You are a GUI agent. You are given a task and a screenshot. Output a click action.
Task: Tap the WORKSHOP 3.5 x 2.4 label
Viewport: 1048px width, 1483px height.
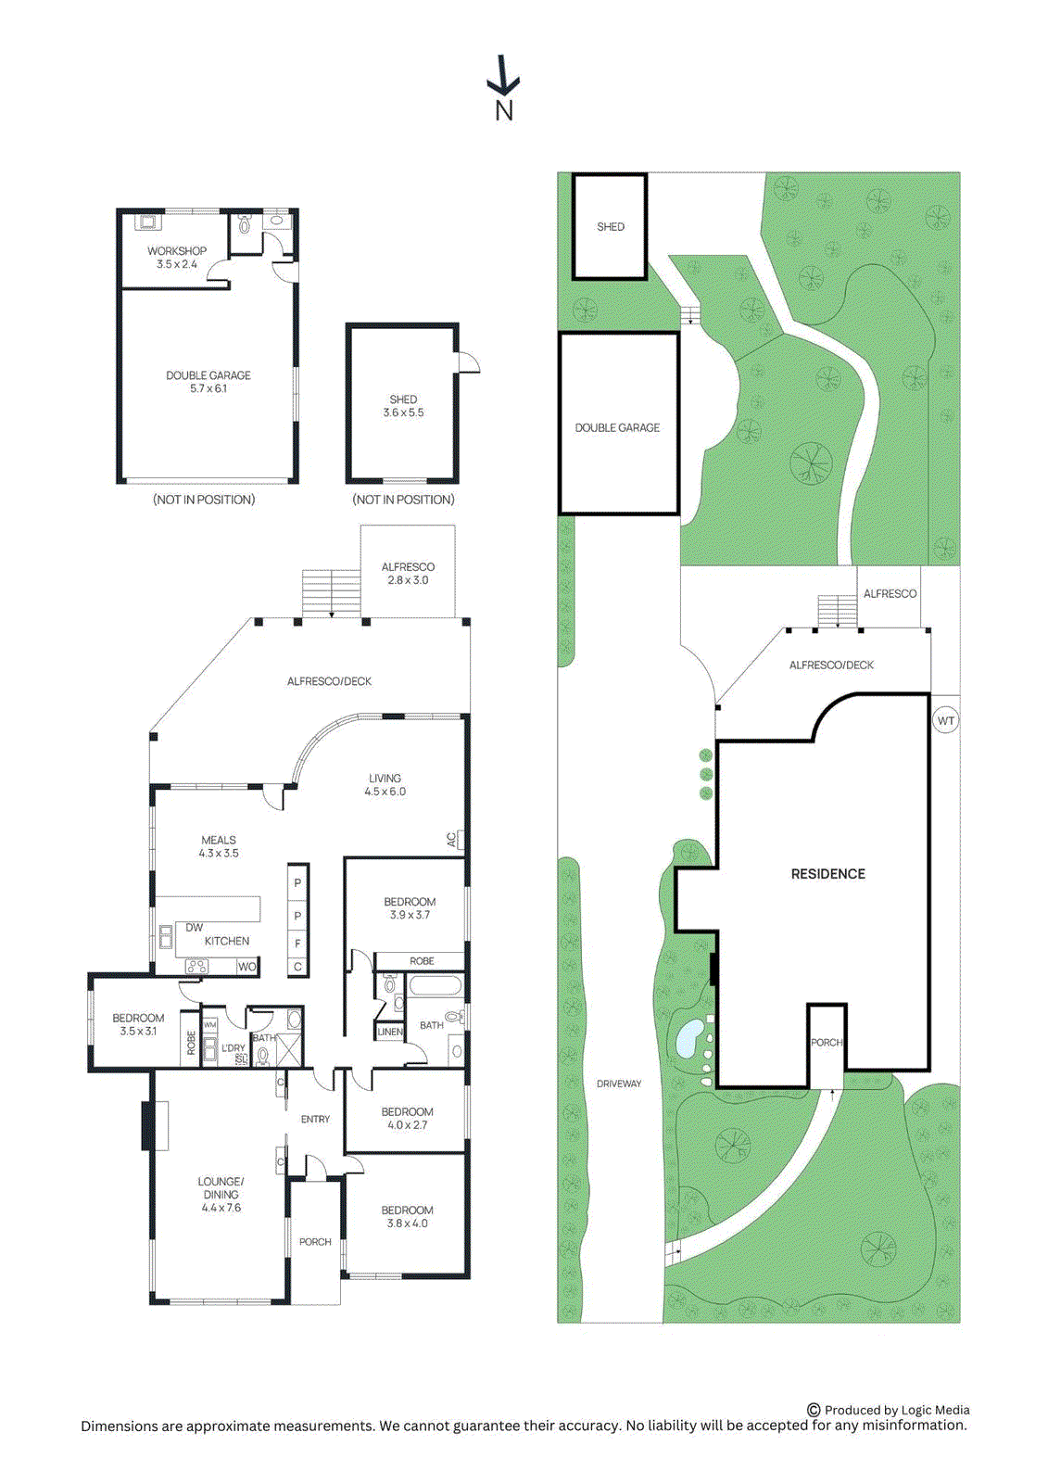coord(176,258)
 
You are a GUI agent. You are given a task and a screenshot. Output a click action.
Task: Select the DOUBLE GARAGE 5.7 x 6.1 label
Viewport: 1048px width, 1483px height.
coord(208,382)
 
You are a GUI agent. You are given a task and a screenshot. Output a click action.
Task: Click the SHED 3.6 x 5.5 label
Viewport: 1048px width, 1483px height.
coord(403,406)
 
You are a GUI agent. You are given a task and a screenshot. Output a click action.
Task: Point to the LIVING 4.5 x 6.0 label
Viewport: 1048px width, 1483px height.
coord(385,785)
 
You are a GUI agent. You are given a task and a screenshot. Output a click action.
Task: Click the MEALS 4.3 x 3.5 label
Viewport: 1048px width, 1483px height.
coord(219,846)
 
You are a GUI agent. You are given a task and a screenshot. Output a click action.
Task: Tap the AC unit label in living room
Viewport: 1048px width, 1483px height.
coord(452,840)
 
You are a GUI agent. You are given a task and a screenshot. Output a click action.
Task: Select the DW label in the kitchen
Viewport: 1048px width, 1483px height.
coord(194,927)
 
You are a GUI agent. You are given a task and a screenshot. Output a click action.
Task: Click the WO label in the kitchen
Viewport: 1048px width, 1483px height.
coord(246,967)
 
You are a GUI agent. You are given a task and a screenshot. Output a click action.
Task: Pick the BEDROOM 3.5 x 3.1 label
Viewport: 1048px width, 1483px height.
coord(138,1024)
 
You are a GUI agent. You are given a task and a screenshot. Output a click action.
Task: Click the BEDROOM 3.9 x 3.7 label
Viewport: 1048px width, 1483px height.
coord(410,908)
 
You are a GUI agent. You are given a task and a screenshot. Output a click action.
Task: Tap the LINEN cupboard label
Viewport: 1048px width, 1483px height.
coord(390,1032)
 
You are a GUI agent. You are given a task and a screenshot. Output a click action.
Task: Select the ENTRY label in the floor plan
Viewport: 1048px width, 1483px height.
coord(315,1120)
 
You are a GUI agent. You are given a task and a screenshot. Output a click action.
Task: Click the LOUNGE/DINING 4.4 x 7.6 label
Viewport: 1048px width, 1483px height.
coord(221,1195)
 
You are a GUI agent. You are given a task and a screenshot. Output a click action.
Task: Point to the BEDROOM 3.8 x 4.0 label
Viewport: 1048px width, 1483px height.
coord(407,1217)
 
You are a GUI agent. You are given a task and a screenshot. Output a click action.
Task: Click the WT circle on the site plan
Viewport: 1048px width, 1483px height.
coord(945,721)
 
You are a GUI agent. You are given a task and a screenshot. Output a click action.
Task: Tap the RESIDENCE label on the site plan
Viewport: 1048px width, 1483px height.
coord(827,874)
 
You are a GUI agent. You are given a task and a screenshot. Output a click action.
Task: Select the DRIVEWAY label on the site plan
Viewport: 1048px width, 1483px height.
coord(619,1084)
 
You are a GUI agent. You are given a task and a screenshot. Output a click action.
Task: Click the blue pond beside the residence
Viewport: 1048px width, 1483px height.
coord(689,1038)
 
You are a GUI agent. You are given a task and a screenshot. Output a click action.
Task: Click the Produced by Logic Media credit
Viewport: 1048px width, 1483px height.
coord(889,1410)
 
